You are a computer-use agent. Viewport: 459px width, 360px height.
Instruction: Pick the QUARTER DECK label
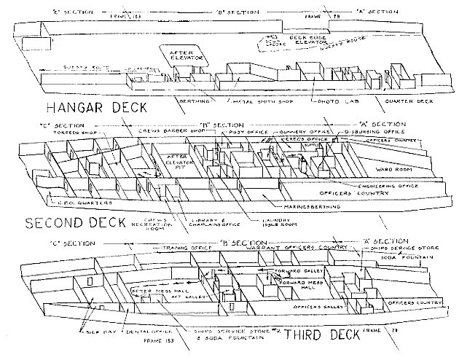tap(403, 101)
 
